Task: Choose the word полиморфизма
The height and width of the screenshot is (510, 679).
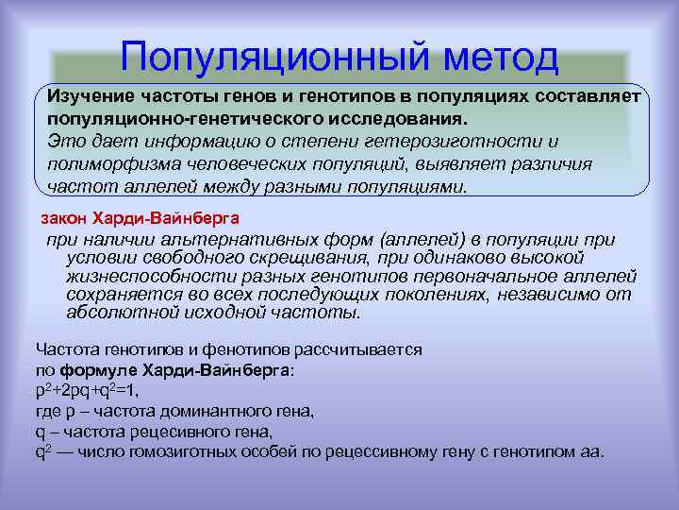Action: [x=105, y=163]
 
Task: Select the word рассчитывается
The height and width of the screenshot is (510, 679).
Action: [x=348, y=349]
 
